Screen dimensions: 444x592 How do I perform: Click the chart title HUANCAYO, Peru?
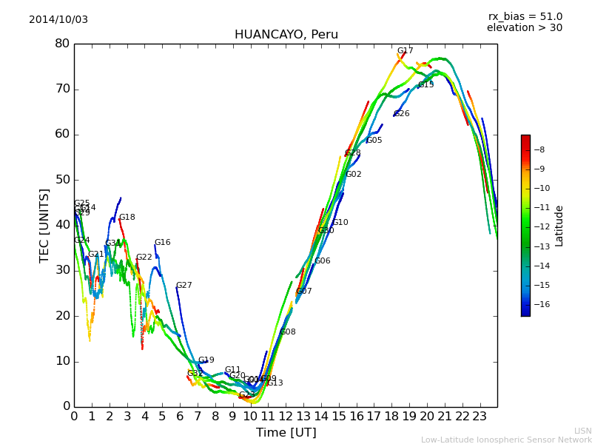286,35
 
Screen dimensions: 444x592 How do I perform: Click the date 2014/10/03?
58,20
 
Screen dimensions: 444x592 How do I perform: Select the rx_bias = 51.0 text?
525,17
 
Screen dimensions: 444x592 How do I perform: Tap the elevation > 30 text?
524,28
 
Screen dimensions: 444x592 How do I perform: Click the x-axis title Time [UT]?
286,433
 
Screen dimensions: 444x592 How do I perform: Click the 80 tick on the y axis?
61,44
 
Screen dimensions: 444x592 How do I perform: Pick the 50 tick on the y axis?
61,180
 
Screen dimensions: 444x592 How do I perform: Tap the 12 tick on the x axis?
286,417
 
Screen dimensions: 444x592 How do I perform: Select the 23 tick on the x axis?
480,417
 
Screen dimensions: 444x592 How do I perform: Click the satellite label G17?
406,51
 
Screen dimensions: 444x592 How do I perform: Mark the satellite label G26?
402,114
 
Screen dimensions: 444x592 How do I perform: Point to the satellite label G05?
374,141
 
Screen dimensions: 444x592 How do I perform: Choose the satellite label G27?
184,286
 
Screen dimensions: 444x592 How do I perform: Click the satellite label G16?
162,243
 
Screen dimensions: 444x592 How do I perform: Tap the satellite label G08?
288,332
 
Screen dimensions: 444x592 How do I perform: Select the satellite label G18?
127,218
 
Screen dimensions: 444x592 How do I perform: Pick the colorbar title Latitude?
559,226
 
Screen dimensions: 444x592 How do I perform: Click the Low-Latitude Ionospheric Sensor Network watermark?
506,440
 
